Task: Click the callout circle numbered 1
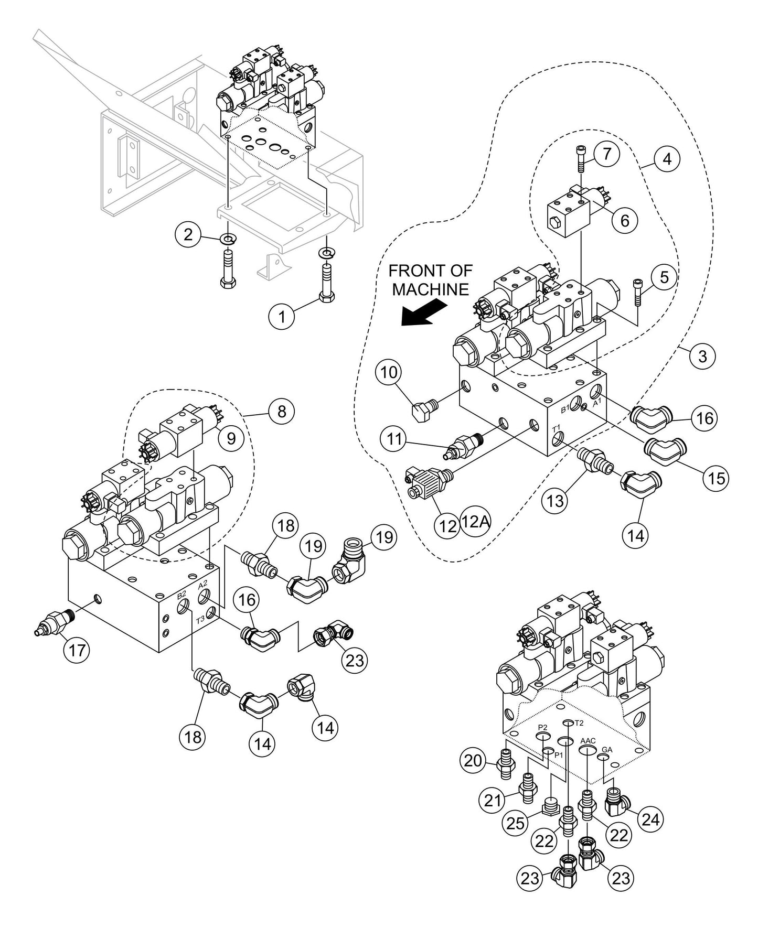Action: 282,316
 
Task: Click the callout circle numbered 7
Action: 607,154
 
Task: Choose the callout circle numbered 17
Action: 77,650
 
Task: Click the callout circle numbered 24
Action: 650,818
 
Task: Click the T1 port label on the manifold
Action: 557,428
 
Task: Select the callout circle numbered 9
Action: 231,438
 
